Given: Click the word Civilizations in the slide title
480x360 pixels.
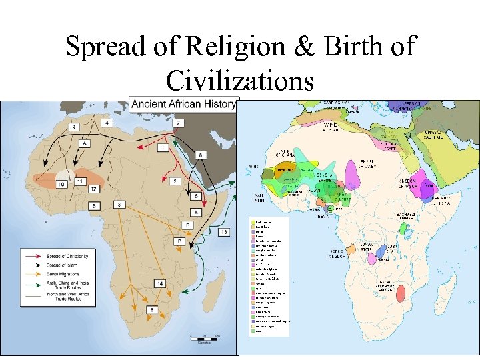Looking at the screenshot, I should [x=240, y=81].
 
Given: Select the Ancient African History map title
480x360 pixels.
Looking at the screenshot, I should [x=183, y=103].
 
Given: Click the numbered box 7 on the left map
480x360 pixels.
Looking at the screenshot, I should [x=178, y=123].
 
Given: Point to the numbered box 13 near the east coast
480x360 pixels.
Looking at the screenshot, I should [x=223, y=231].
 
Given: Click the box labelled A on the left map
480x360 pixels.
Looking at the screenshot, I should [x=85, y=143].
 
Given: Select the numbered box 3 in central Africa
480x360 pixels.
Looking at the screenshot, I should [x=119, y=204].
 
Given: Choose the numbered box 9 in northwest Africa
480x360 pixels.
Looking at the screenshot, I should [x=74, y=127].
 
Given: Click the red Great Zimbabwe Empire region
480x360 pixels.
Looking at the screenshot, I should [x=402, y=293].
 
